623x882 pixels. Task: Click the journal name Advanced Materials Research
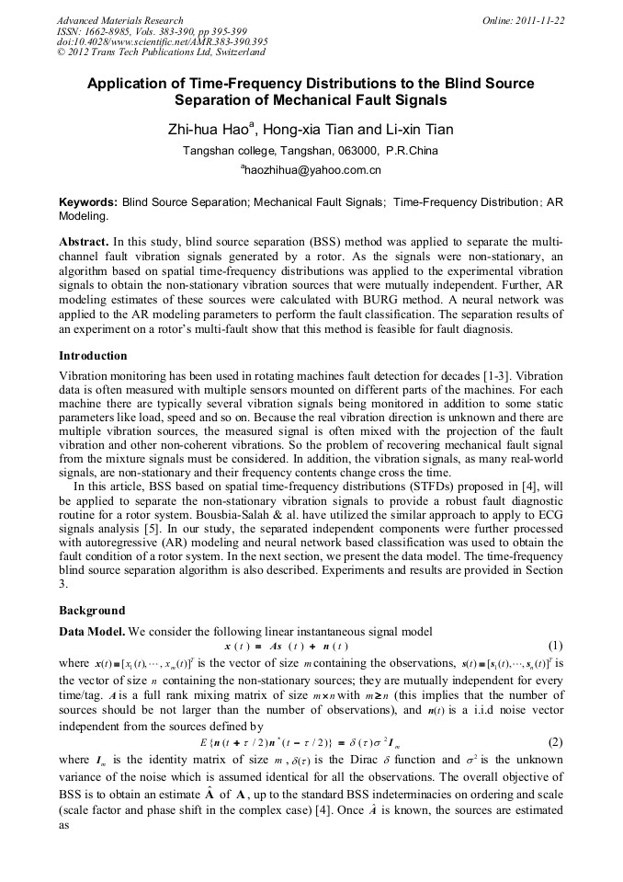point(120,20)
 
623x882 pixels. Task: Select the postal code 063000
point(359,151)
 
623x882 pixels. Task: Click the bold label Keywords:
point(88,201)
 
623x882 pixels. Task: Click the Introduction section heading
point(94,356)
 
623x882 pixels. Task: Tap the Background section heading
point(92,611)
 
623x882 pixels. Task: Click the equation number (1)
point(555,646)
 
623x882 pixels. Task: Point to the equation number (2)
point(555,716)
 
